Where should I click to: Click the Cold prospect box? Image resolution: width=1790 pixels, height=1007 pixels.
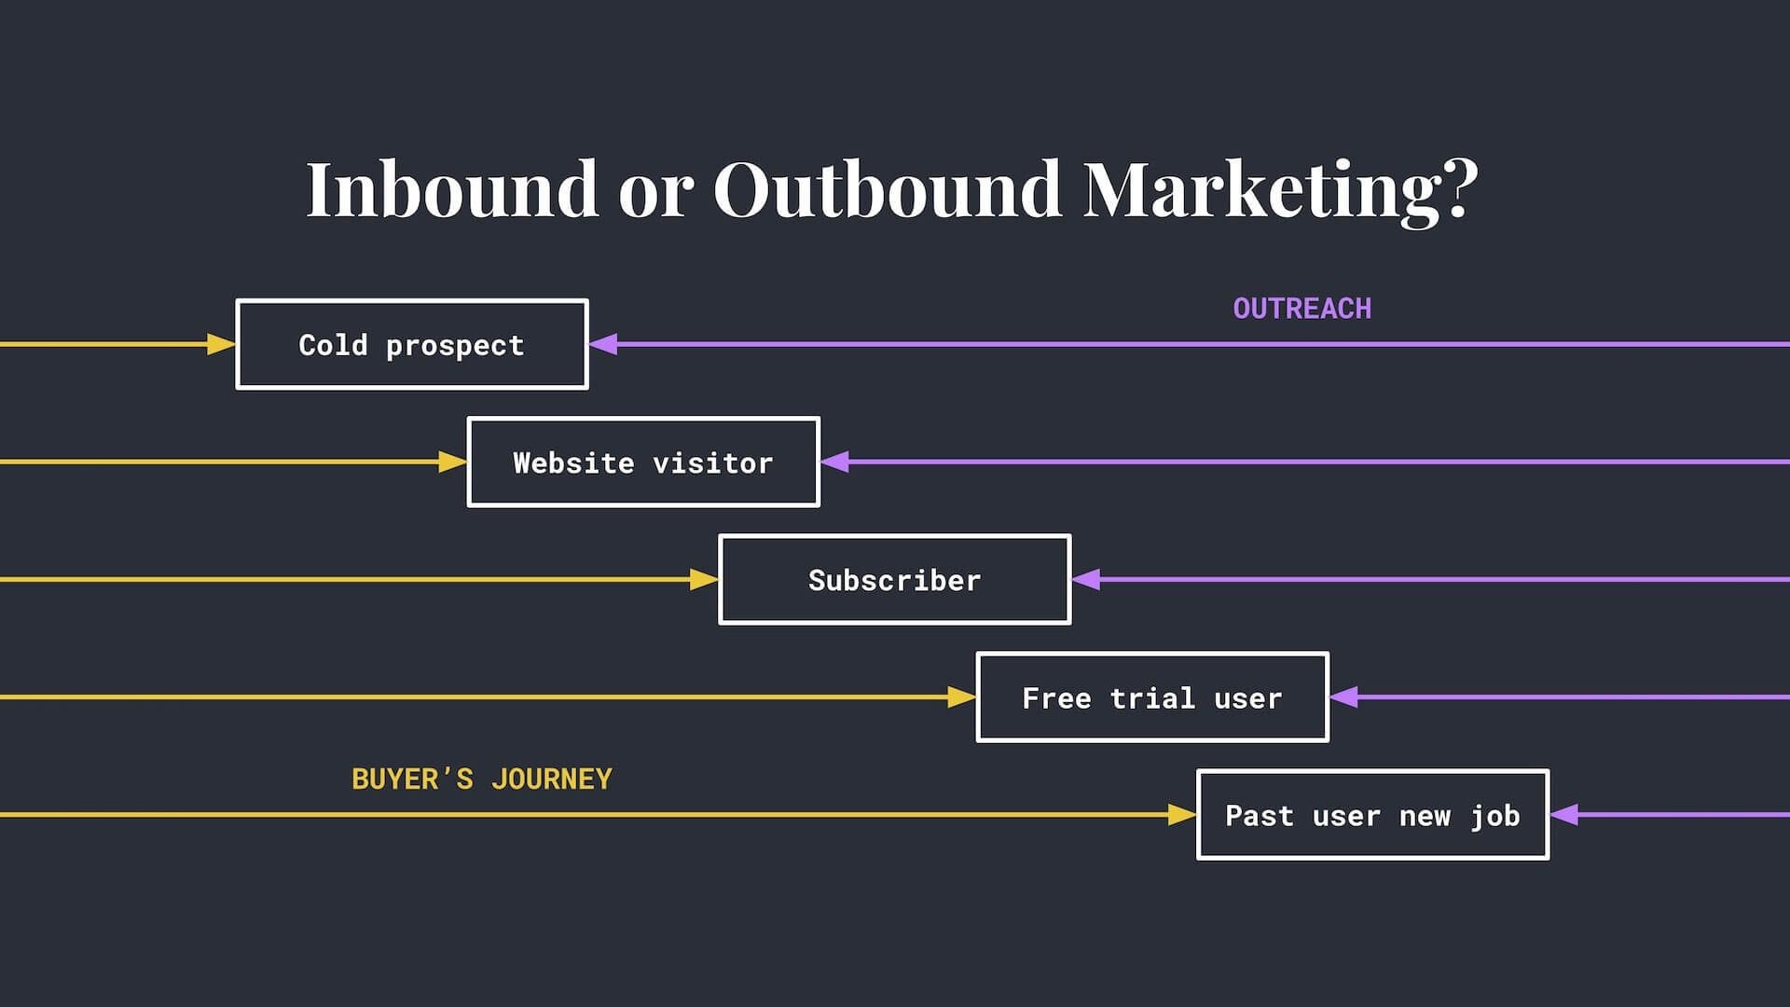pos(412,344)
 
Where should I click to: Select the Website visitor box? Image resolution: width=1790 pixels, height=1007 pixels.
pos(643,462)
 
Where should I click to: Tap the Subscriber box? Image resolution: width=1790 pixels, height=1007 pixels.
pos(895,579)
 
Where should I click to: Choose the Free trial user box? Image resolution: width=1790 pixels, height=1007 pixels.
pos(1152,697)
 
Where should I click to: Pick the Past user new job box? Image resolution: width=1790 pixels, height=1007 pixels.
pos(1373,814)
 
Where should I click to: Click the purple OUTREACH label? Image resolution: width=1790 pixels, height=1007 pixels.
pos(1302,309)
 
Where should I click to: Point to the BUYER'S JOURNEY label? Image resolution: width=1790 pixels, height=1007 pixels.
pos(482,779)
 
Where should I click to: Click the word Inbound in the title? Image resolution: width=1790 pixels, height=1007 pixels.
pos(452,189)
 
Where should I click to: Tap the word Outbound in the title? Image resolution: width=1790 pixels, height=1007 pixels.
pos(888,189)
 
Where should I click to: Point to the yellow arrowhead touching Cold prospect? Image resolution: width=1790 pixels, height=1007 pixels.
pos(221,344)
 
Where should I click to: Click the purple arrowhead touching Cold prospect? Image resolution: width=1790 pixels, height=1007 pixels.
pos(603,344)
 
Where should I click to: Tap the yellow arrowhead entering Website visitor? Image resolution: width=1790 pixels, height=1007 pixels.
pos(452,462)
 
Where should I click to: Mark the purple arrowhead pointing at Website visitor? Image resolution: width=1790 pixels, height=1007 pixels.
pos(835,462)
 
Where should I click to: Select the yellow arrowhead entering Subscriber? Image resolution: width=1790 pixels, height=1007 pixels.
pos(704,579)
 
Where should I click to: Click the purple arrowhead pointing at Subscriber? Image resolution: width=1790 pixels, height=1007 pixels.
pos(1086,579)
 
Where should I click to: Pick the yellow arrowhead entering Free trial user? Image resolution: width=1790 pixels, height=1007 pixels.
pos(961,697)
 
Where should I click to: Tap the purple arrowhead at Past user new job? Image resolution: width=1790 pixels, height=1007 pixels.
pos(1564,814)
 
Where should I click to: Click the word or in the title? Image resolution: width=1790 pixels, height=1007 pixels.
pos(656,197)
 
